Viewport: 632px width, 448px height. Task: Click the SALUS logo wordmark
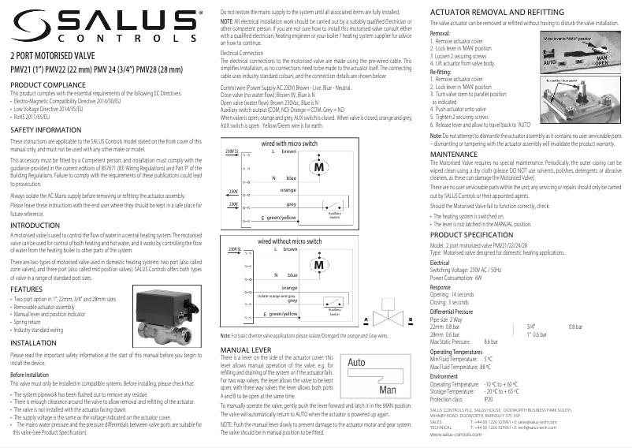(103, 24)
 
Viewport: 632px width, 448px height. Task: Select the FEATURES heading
(26, 289)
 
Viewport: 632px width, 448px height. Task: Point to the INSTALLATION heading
(32, 344)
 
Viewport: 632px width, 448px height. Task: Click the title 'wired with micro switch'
(290, 144)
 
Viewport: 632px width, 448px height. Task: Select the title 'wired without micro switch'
(290, 241)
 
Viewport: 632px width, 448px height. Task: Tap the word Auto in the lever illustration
(357, 363)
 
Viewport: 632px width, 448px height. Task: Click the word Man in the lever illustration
(387, 390)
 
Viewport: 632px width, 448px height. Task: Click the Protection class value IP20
(488, 399)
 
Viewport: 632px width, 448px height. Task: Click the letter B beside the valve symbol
(411, 319)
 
